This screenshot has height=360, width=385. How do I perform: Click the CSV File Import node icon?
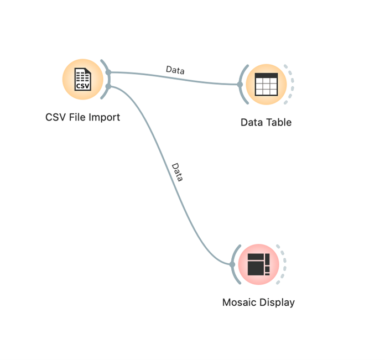82,79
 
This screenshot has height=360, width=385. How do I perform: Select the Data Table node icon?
266,84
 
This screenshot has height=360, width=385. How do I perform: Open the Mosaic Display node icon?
258,264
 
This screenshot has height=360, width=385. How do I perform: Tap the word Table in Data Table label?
278,122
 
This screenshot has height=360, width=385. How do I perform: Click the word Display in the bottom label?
278,302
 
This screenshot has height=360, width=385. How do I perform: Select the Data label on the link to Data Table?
175,70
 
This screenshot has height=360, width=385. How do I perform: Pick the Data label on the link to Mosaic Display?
177,173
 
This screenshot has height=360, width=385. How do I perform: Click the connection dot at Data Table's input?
240,85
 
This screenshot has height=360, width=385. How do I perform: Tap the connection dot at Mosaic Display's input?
232,264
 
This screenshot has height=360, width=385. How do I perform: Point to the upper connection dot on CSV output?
109,72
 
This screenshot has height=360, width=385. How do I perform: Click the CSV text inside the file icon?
82,86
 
